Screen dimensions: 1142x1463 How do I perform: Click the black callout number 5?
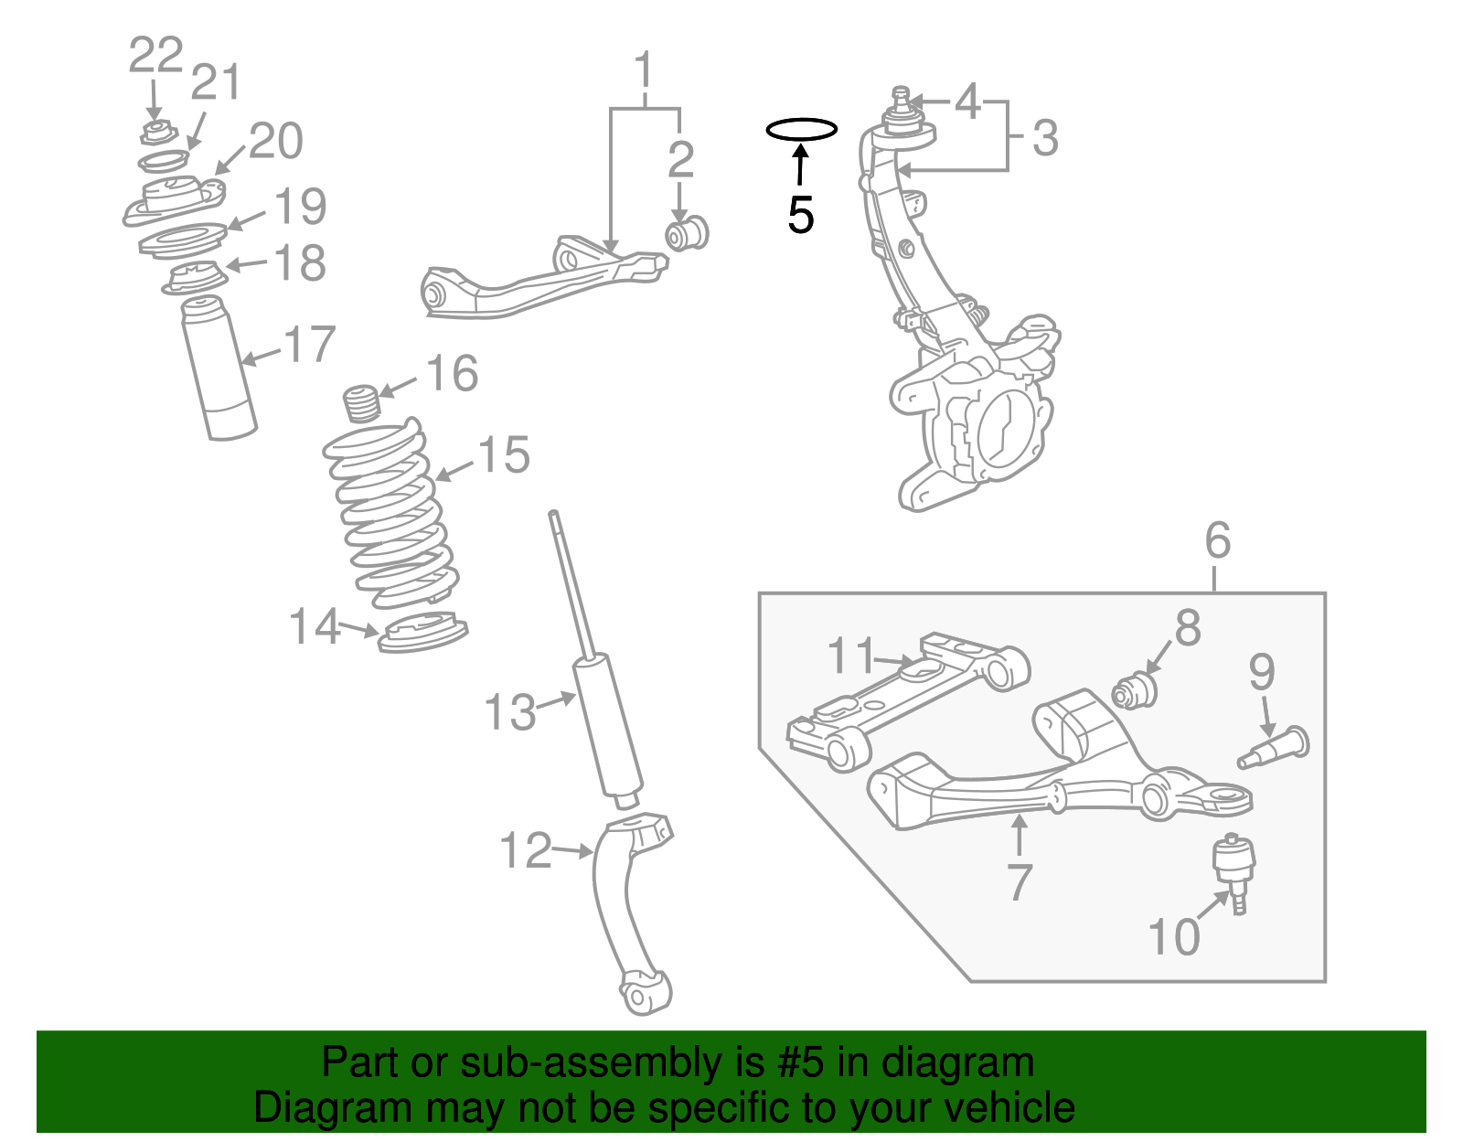[x=800, y=216]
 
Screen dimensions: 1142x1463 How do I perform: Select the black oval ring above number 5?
[x=801, y=130]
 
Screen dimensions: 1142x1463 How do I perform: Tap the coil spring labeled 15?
[x=391, y=517]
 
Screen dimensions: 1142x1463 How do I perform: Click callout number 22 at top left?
[x=155, y=56]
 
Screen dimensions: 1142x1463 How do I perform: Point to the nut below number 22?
[x=156, y=133]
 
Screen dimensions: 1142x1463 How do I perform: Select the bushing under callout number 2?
[x=686, y=233]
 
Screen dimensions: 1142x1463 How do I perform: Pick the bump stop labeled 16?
[x=361, y=402]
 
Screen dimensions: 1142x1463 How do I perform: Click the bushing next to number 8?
[x=1135, y=689]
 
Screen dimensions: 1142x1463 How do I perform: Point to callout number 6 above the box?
[x=1217, y=540]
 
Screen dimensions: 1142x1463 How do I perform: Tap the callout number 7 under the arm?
[x=1019, y=882]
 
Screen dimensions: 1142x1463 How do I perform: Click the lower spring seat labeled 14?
[x=422, y=633]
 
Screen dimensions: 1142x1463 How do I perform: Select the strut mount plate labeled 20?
[x=174, y=201]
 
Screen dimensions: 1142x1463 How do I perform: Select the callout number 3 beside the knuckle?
[x=1045, y=138]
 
